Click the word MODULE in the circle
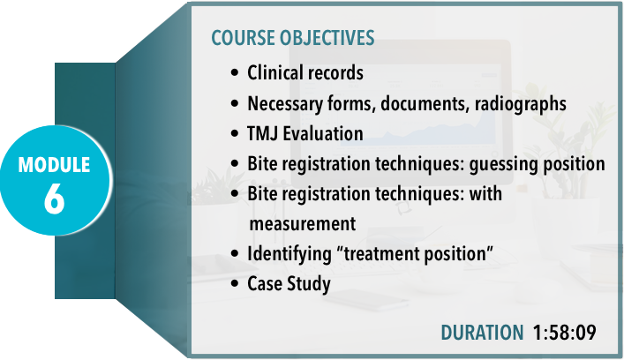[x=54, y=165]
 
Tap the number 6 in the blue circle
[x=54, y=199]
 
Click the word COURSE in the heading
[x=243, y=38]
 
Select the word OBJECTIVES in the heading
[x=327, y=38]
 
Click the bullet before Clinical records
[x=235, y=73]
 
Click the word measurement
[x=303, y=224]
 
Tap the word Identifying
[x=289, y=254]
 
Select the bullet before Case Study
[x=235, y=284]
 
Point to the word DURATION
[x=482, y=332]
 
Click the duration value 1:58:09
[x=565, y=332]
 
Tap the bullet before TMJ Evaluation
[x=235, y=133]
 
